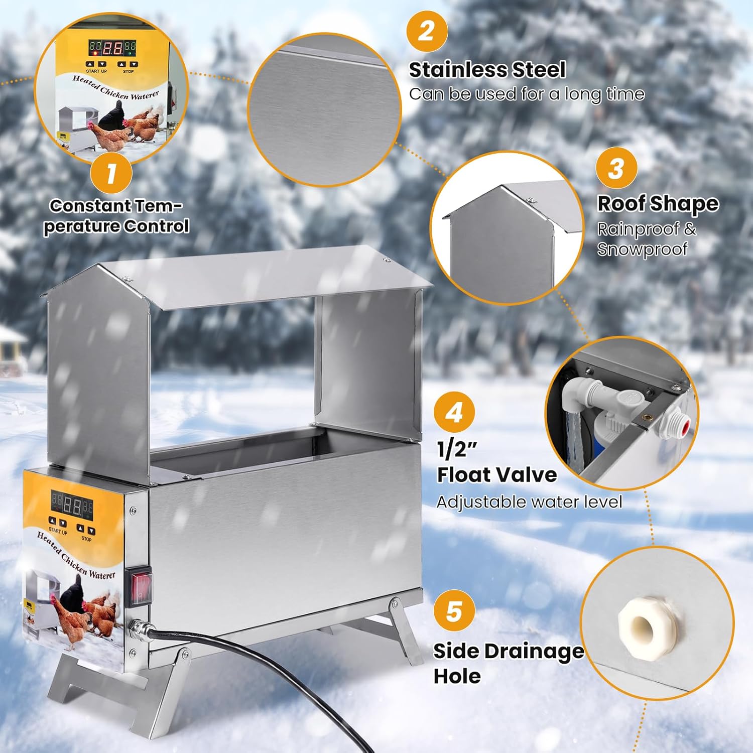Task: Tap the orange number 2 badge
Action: click(x=426, y=31)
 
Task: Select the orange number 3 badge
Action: click(x=616, y=168)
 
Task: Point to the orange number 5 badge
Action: click(x=454, y=611)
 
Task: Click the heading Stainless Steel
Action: click(x=487, y=70)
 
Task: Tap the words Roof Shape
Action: click(x=658, y=203)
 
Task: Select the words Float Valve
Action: click(x=496, y=474)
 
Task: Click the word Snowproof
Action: click(x=642, y=249)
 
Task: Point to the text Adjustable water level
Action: click(x=529, y=501)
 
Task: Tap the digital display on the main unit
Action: click(x=71, y=504)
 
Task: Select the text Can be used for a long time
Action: click(x=527, y=94)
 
